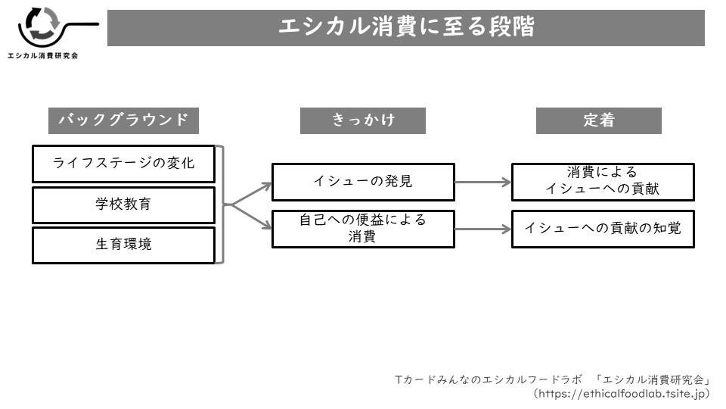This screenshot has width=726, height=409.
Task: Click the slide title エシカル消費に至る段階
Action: coord(406,28)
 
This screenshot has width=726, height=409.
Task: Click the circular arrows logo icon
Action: coord(41,26)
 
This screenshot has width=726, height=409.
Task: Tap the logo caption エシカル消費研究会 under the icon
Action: coord(42,56)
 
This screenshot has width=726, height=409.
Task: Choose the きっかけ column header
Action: coord(362,120)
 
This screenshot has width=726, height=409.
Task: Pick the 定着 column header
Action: coord(598,120)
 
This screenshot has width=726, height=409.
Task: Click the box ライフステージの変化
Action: coord(123,164)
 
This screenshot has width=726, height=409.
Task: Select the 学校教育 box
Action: coord(123,204)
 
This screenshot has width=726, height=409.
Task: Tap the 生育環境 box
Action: coord(123,245)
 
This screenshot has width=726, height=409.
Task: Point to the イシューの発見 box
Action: coord(363,182)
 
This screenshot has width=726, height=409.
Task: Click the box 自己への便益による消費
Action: coord(363,229)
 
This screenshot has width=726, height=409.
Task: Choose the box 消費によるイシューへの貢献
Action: coord(603,182)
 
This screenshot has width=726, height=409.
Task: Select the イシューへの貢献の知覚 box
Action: coord(603,229)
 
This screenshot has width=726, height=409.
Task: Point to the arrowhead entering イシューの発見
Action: coord(266,183)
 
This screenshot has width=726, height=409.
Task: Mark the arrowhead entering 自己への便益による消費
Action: coord(266,225)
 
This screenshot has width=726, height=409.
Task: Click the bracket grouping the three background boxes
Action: coord(222,204)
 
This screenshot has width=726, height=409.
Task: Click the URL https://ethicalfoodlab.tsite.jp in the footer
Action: coord(621,394)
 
